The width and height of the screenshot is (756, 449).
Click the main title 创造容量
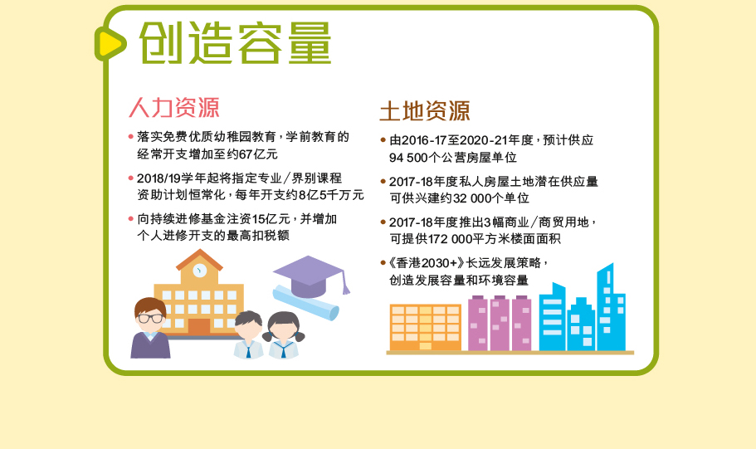tap(236, 43)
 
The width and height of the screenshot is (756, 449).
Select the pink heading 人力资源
tap(174, 107)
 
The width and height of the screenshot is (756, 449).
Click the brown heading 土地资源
tap(425, 111)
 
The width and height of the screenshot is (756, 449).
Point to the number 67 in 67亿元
tap(246, 154)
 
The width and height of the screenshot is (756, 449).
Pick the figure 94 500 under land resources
tap(406, 158)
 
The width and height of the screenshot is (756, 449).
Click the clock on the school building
tap(200, 270)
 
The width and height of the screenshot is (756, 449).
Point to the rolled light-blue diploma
tap(305, 302)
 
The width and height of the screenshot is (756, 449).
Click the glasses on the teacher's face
tap(150, 319)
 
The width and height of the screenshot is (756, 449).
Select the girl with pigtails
tap(284, 334)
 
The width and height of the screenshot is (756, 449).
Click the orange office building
tap(425, 327)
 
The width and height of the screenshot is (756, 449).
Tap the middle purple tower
tap(500, 323)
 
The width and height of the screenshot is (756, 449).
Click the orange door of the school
tap(198, 327)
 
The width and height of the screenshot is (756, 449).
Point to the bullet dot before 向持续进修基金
tap(130, 219)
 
